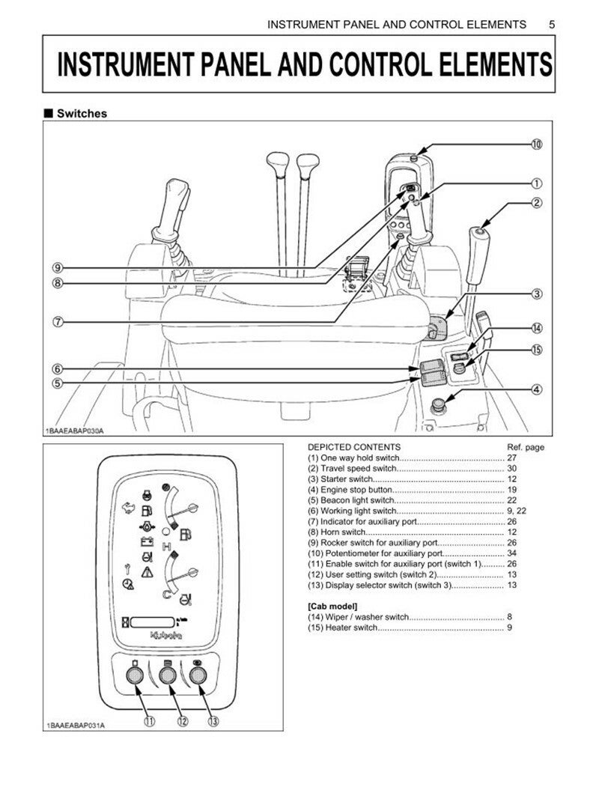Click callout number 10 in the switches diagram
coord(537,145)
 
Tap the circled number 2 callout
coord(537,203)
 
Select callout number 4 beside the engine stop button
coord(537,389)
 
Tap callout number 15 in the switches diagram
coord(537,350)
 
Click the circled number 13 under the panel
coord(213,722)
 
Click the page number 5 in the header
coord(552,24)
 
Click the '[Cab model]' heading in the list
coord(332,605)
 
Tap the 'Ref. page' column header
coord(525,447)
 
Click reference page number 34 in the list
coord(511,553)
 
